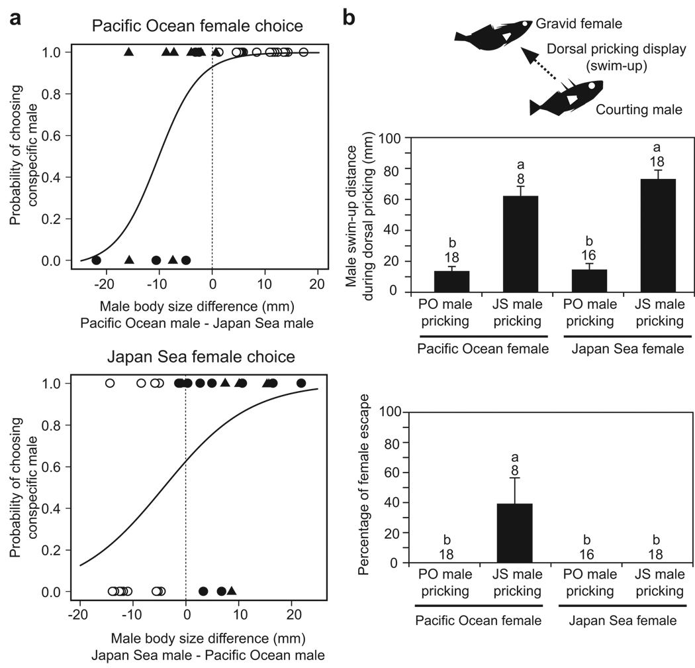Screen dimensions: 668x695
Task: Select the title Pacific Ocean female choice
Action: (x=197, y=27)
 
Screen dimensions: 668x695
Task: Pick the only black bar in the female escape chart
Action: (x=514, y=533)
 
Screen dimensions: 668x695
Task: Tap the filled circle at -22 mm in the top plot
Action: (x=96, y=260)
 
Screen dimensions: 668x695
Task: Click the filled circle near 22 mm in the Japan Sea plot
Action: (x=301, y=383)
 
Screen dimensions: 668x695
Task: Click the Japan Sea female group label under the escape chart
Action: (x=621, y=620)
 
